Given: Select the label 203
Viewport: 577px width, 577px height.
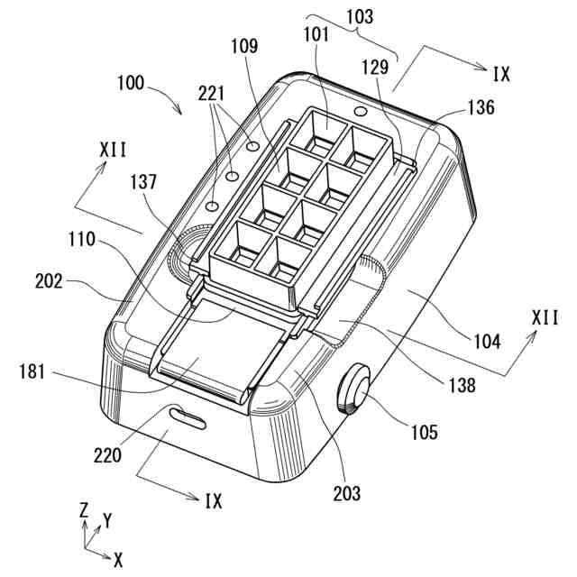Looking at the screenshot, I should [x=346, y=492].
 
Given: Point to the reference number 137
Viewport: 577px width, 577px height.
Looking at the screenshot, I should [x=142, y=182].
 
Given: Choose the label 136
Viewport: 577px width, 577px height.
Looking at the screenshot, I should [x=481, y=107].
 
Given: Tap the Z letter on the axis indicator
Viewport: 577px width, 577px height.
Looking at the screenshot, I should [x=84, y=509].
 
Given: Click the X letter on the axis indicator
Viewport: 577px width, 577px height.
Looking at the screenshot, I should [x=118, y=560].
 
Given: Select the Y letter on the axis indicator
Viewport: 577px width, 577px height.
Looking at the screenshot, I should [x=107, y=519].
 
